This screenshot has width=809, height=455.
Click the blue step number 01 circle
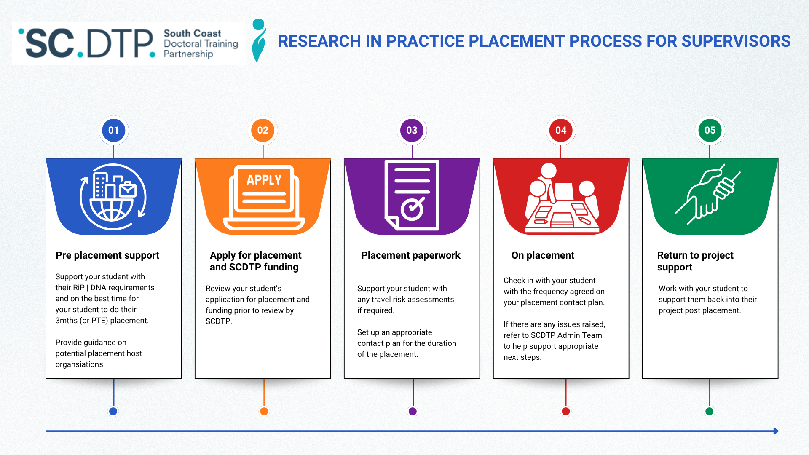113,130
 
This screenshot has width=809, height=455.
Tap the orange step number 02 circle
263,130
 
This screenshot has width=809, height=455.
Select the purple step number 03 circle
412,130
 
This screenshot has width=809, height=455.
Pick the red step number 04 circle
561,130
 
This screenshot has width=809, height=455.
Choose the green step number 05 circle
710,130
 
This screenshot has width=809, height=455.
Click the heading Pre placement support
107,255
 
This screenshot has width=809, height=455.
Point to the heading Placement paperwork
411,255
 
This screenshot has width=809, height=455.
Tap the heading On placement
543,255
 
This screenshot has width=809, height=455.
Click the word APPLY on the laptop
264,180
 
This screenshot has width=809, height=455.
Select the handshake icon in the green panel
708,194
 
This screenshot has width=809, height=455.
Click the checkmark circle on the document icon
412,209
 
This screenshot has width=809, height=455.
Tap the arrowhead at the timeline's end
776,431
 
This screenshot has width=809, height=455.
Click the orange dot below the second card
264,412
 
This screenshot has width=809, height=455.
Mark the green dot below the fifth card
710,412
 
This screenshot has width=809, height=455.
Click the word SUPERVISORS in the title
736,41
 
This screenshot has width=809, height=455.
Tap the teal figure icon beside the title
259,41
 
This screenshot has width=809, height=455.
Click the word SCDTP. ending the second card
219,321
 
